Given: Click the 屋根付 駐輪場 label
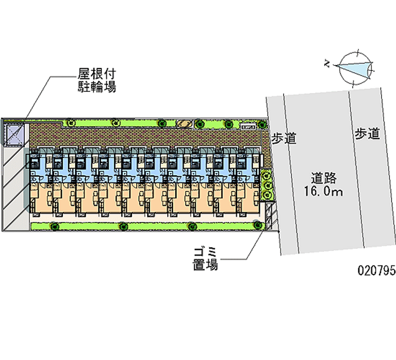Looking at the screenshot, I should (x=96, y=81).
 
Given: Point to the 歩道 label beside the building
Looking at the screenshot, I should (x=283, y=138).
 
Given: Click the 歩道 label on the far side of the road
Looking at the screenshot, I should (x=367, y=133).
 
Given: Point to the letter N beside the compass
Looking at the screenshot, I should (x=327, y=63).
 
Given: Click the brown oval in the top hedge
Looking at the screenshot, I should (x=185, y=123).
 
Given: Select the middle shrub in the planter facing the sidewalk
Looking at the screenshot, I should (x=268, y=184).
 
